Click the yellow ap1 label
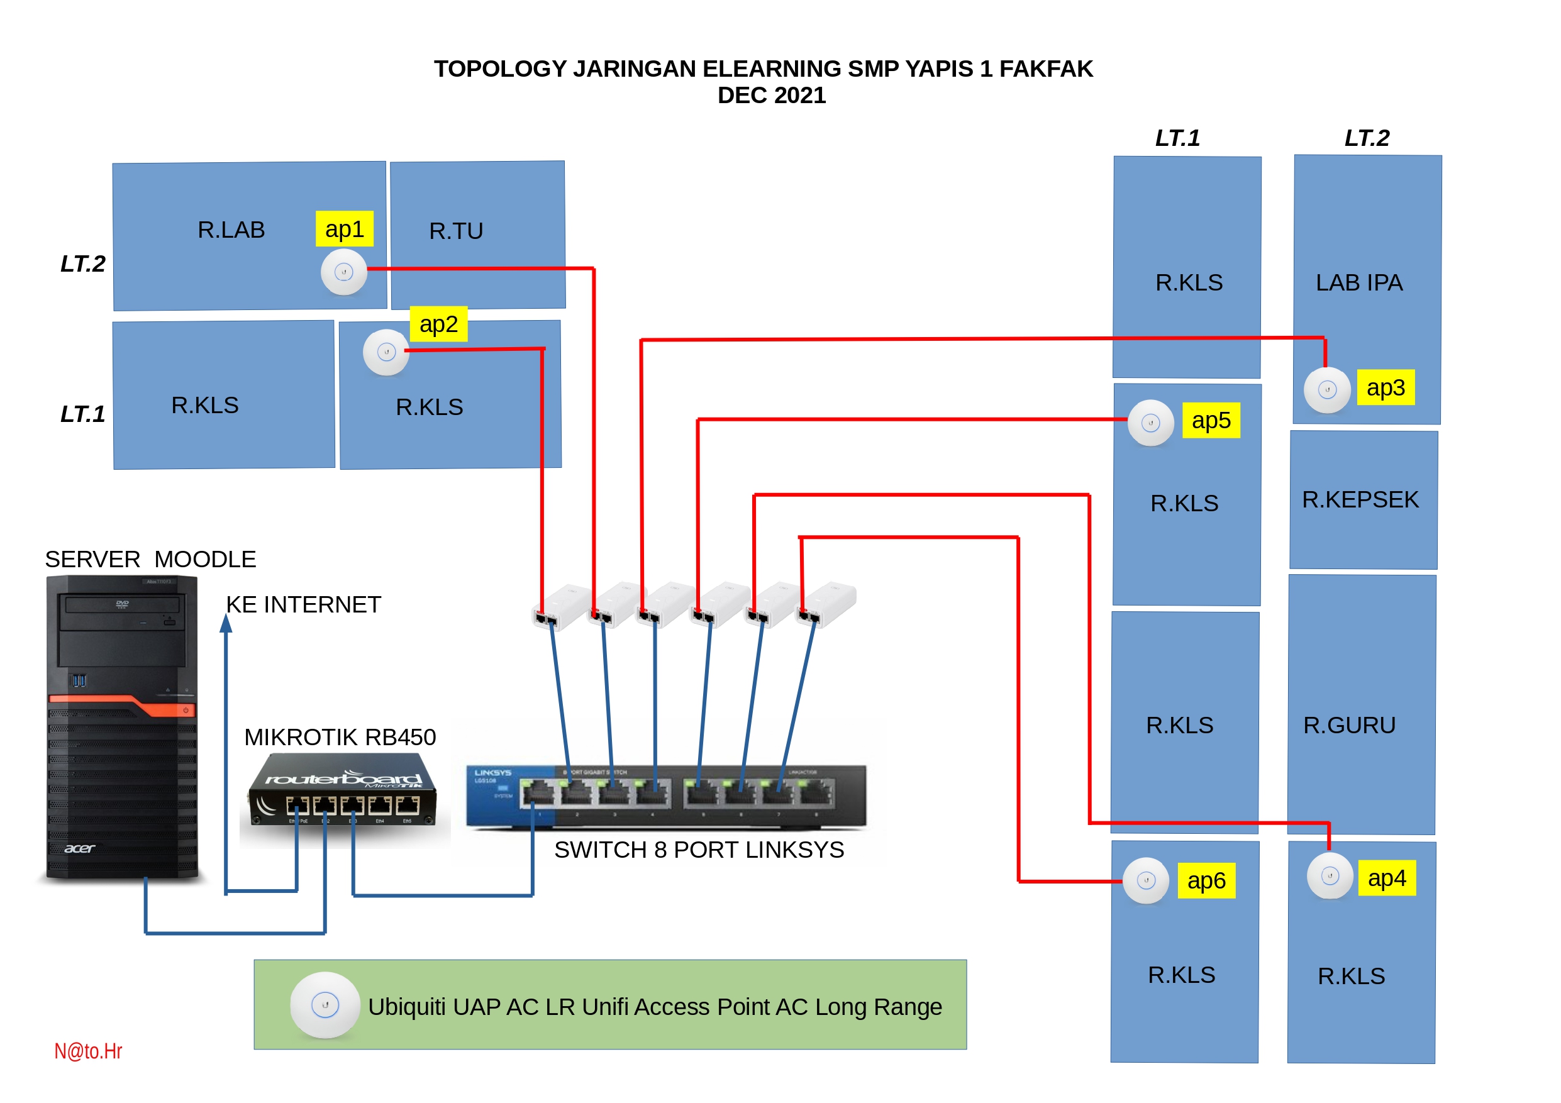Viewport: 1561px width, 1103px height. (x=344, y=229)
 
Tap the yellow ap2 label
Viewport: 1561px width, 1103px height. (x=438, y=324)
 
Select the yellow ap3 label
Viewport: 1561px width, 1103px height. (x=1385, y=387)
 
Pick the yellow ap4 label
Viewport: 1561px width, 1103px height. (x=1386, y=878)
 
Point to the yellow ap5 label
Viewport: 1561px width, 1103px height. (x=1211, y=420)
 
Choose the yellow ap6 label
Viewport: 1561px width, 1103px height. (x=1206, y=880)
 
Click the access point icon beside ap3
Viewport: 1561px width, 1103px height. (x=1326, y=390)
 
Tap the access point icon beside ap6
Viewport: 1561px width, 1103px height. (x=1146, y=881)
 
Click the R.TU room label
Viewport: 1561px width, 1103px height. (x=456, y=231)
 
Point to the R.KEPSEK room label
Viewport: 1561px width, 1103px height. (x=1360, y=499)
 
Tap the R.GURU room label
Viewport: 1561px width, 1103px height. (x=1349, y=725)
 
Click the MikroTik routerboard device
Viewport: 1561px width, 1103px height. (x=343, y=792)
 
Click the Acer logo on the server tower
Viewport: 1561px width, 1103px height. (x=79, y=848)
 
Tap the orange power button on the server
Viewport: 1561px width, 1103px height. (x=186, y=710)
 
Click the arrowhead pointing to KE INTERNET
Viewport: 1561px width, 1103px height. (x=226, y=623)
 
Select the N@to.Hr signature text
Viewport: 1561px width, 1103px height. (x=89, y=1051)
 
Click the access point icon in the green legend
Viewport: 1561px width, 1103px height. (x=325, y=1004)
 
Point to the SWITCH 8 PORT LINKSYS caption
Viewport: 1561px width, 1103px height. (x=699, y=850)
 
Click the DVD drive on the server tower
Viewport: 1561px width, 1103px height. (x=123, y=604)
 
